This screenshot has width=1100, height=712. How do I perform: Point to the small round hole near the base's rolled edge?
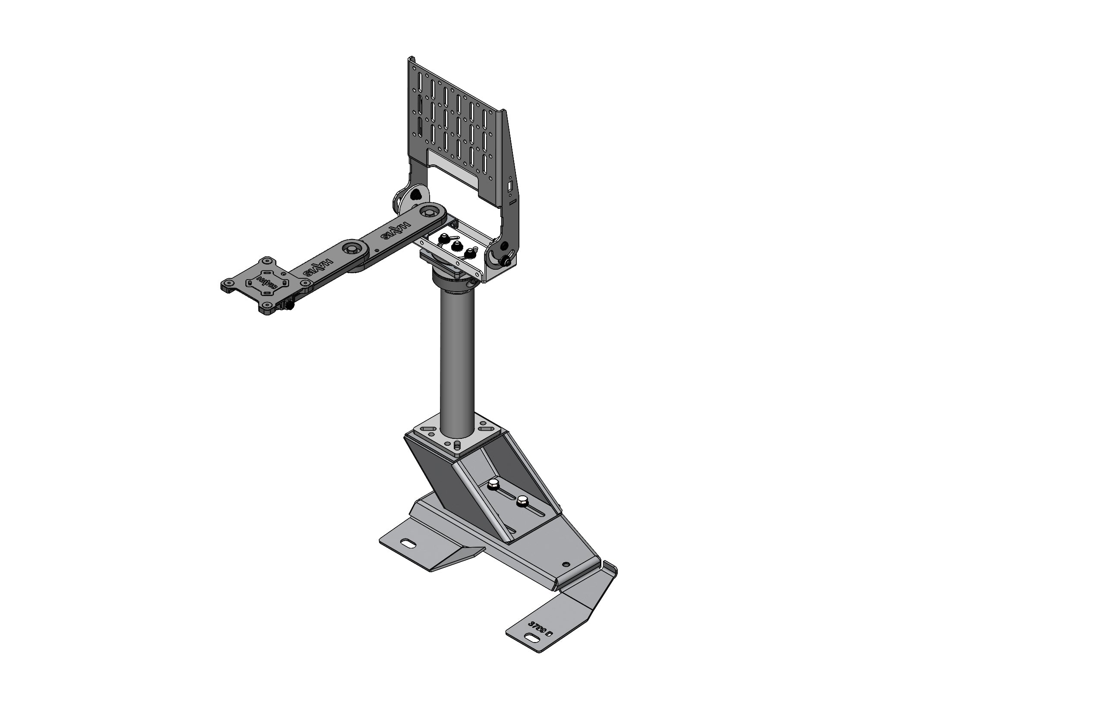click(x=565, y=564)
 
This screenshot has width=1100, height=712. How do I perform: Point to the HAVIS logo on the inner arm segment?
click(x=394, y=231)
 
